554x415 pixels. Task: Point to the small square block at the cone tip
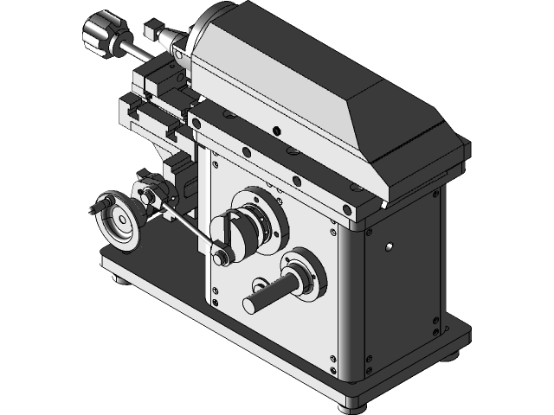coord(156,27)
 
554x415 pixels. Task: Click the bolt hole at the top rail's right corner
coord(347,208)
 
